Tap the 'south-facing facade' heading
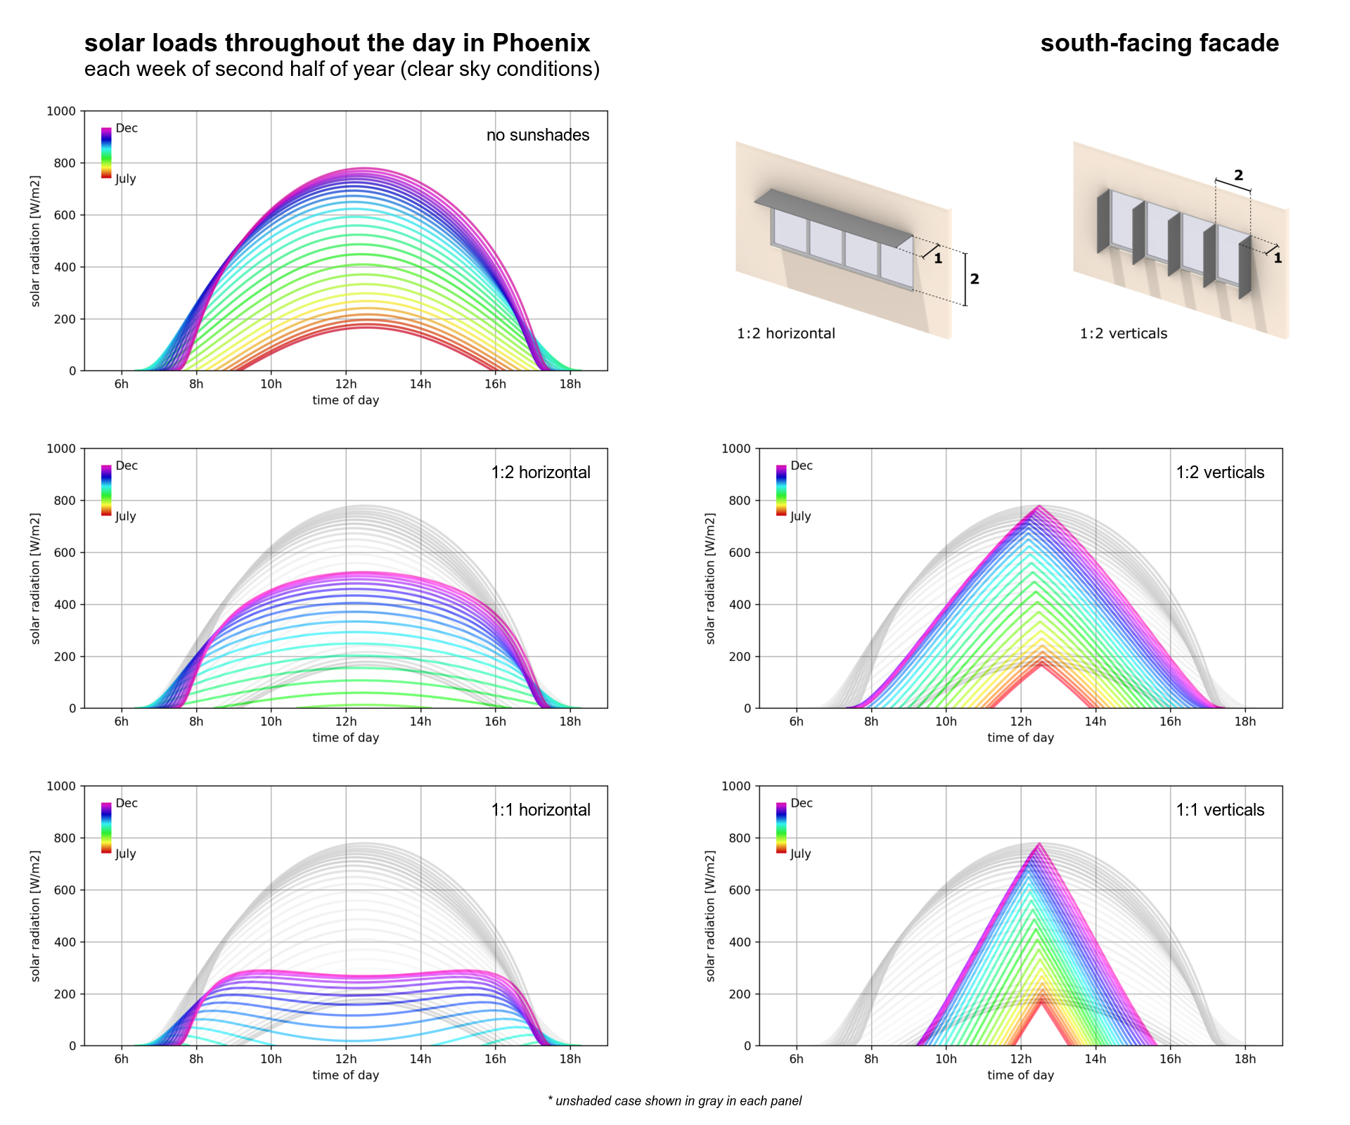[x=1159, y=44]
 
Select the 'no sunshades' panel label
[x=538, y=135]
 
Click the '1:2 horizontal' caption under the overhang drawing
[x=786, y=333]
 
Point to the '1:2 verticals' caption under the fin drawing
[x=1124, y=333]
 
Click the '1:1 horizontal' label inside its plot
[x=541, y=810]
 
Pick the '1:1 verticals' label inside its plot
[x=1220, y=810]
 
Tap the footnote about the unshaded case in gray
[x=674, y=1101]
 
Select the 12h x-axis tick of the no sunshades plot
[x=346, y=384]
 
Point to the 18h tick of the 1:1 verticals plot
[x=1245, y=1059]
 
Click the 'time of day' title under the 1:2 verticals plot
[x=1020, y=738]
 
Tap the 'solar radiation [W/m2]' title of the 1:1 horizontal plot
[x=36, y=915]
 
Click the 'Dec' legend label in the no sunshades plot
[x=127, y=128]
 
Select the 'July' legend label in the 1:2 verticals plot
[x=801, y=516]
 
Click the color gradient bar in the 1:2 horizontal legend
[x=106, y=490]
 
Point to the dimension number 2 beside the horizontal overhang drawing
[x=975, y=279]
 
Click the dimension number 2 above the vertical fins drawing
[x=1238, y=175]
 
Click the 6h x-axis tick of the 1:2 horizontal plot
[x=122, y=721]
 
